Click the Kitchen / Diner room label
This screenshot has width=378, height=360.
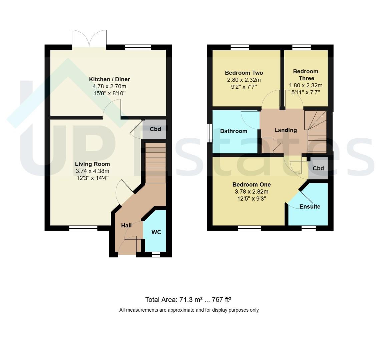[x=109, y=79]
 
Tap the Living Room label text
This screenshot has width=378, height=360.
[x=92, y=164]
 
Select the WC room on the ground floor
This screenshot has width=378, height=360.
[x=155, y=231]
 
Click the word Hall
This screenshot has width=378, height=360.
[x=126, y=225]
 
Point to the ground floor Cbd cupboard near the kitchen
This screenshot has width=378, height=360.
[x=154, y=129]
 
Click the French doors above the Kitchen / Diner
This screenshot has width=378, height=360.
[x=89, y=39]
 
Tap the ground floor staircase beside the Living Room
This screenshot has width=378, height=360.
[x=155, y=163]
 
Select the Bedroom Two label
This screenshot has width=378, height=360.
[x=244, y=73]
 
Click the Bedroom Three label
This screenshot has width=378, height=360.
[x=306, y=75]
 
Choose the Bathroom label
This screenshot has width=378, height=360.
[x=234, y=131]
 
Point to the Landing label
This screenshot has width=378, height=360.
[x=286, y=130]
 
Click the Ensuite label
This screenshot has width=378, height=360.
[x=310, y=207]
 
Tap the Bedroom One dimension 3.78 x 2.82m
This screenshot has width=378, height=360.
[x=252, y=192]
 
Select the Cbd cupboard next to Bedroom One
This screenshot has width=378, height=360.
[x=318, y=168]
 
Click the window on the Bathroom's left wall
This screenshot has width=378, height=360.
[x=210, y=133]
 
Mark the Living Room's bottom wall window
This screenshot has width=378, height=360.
[x=83, y=228]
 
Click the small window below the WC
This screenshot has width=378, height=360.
[x=156, y=254]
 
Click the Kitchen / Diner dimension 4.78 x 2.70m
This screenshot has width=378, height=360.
[x=109, y=86]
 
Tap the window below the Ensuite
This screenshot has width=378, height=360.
[x=309, y=228]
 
